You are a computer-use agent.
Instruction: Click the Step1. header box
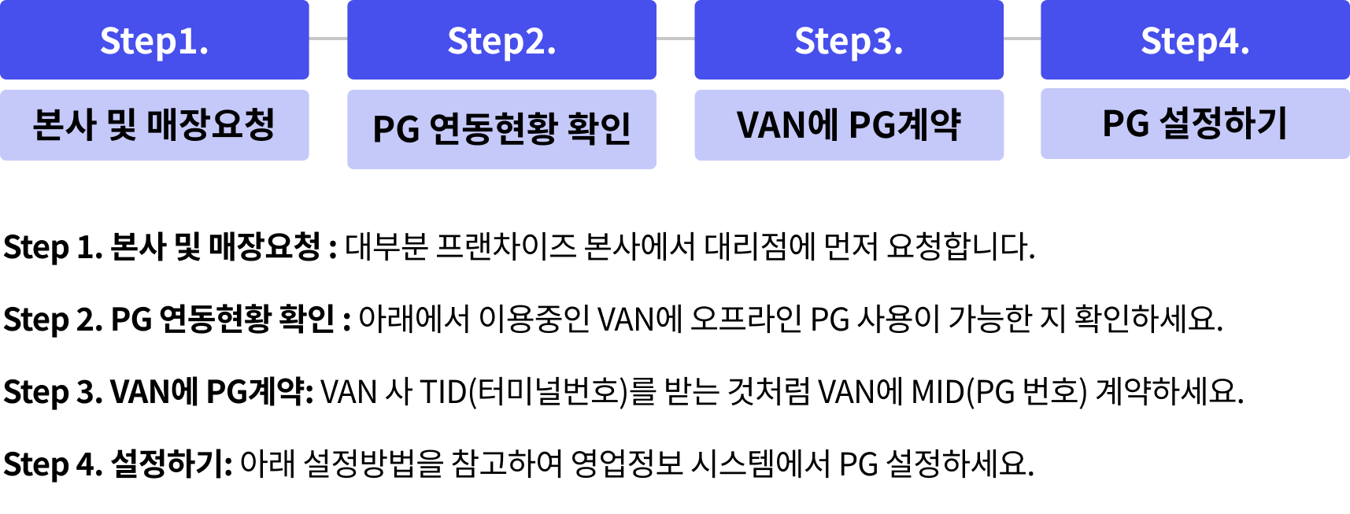[x=154, y=39]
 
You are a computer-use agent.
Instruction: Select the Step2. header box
[x=501, y=39]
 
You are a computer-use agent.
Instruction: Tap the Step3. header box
[x=849, y=39]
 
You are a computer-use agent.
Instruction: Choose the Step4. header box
[x=1195, y=39]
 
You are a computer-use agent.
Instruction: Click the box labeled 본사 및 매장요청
[x=154, y=125]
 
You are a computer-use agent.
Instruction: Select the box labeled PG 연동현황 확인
[x=501, y=129]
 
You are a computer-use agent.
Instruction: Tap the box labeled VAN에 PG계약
[x=849, y=125]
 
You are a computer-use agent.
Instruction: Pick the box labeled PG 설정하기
[x=1195, y=124]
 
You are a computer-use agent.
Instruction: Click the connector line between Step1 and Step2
[x=328, y=38]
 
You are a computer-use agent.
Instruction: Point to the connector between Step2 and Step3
[x=675, y=38]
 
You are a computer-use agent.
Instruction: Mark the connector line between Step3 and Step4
[x=1023, y=38]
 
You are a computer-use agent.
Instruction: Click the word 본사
[x=65, y=124]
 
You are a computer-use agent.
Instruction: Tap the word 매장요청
[x=211, y=124]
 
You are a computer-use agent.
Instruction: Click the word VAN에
[x=787, y=124]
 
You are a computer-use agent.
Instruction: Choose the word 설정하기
[x=1223, y=124]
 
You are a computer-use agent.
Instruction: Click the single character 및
[x=122, y=124]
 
